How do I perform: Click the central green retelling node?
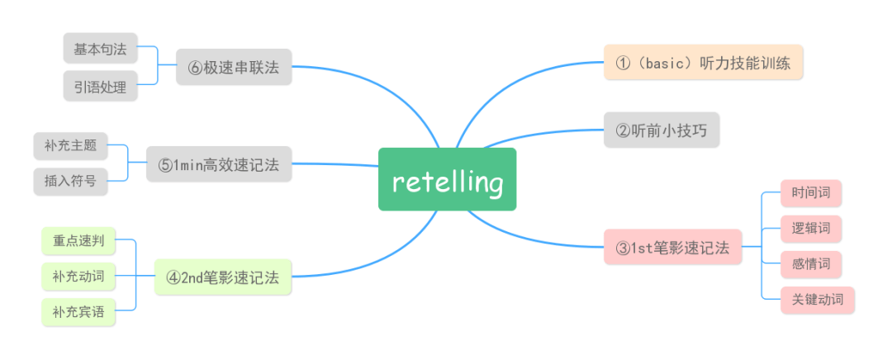(x=447, y=179)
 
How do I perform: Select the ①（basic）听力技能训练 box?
(x=703, y=62)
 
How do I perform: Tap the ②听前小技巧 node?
(x=662, y=130)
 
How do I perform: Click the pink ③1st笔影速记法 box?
(x=672, y=247)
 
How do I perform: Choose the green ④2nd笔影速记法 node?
(x=223, y=277)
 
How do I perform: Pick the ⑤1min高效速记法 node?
(x=219, y=165)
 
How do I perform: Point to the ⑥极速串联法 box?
(x=234, y=68)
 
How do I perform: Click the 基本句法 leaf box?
(x=100, y=49)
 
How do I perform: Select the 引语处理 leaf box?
(x=100, y=86)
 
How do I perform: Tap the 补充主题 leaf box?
(x=71, y=146)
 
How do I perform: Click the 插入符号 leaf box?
(x=71, y=181)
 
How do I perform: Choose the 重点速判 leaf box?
(x=78, y=241)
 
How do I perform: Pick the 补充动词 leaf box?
(x=78, y=277)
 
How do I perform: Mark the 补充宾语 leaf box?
(x=78, y=312)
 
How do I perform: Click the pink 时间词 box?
(x=811, y=194)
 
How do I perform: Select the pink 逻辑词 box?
(x=811, y=229)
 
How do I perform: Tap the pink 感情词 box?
(x=811, y=265)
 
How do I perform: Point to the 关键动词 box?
(x=817, y=300)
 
